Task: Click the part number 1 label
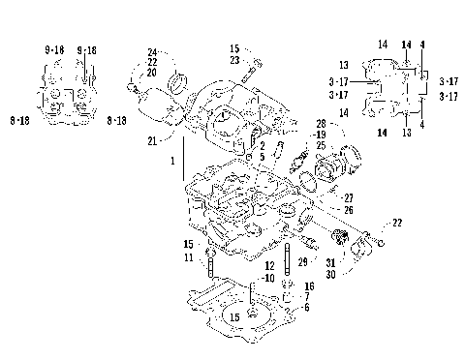tap(173, 160)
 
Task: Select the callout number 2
tap(261, 146)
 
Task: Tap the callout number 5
tap(261, 157)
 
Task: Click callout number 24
tap(152, 51)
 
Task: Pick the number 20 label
tap(152, 72)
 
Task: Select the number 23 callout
tap(235, 60)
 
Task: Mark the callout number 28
tap(321, 124)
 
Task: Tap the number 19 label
tap(321, 135)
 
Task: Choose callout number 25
tap(321, 145)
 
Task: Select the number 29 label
tap(302, 262)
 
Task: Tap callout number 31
tap(330, 262)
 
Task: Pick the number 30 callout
tap(330, 274)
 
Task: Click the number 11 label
tap(189, 258)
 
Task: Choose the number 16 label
tap(308, 286)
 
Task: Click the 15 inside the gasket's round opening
tap(234, 315)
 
